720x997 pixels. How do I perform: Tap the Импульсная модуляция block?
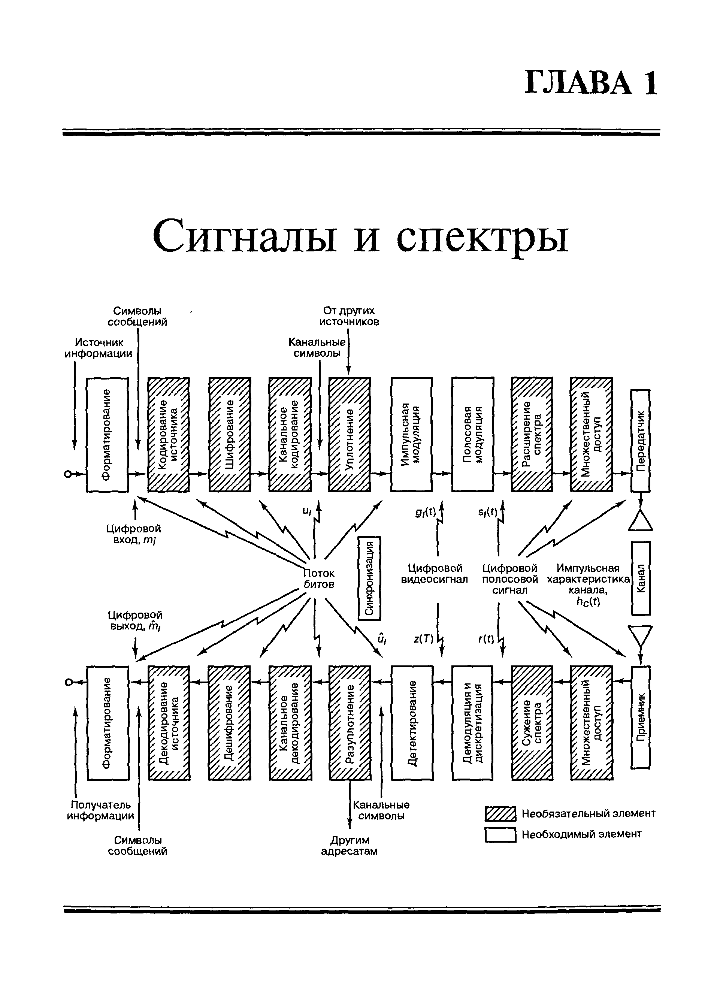click(x=411, y=434)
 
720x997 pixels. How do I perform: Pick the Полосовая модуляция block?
click(x=472, y=434)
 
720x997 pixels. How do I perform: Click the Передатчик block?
click(x=641, y=441)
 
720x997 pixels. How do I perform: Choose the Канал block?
click(x=641, y=578)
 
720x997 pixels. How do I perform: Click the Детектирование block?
click(x=412, y=723)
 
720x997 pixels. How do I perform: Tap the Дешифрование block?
click(x=229, y=723)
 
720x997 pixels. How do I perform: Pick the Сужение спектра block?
click(x=532, y=723)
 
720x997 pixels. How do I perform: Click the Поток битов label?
click(x=320, y=578)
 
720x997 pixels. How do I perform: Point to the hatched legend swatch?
click(x=500, y=814)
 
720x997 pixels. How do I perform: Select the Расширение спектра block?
click(x=532, y=434)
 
